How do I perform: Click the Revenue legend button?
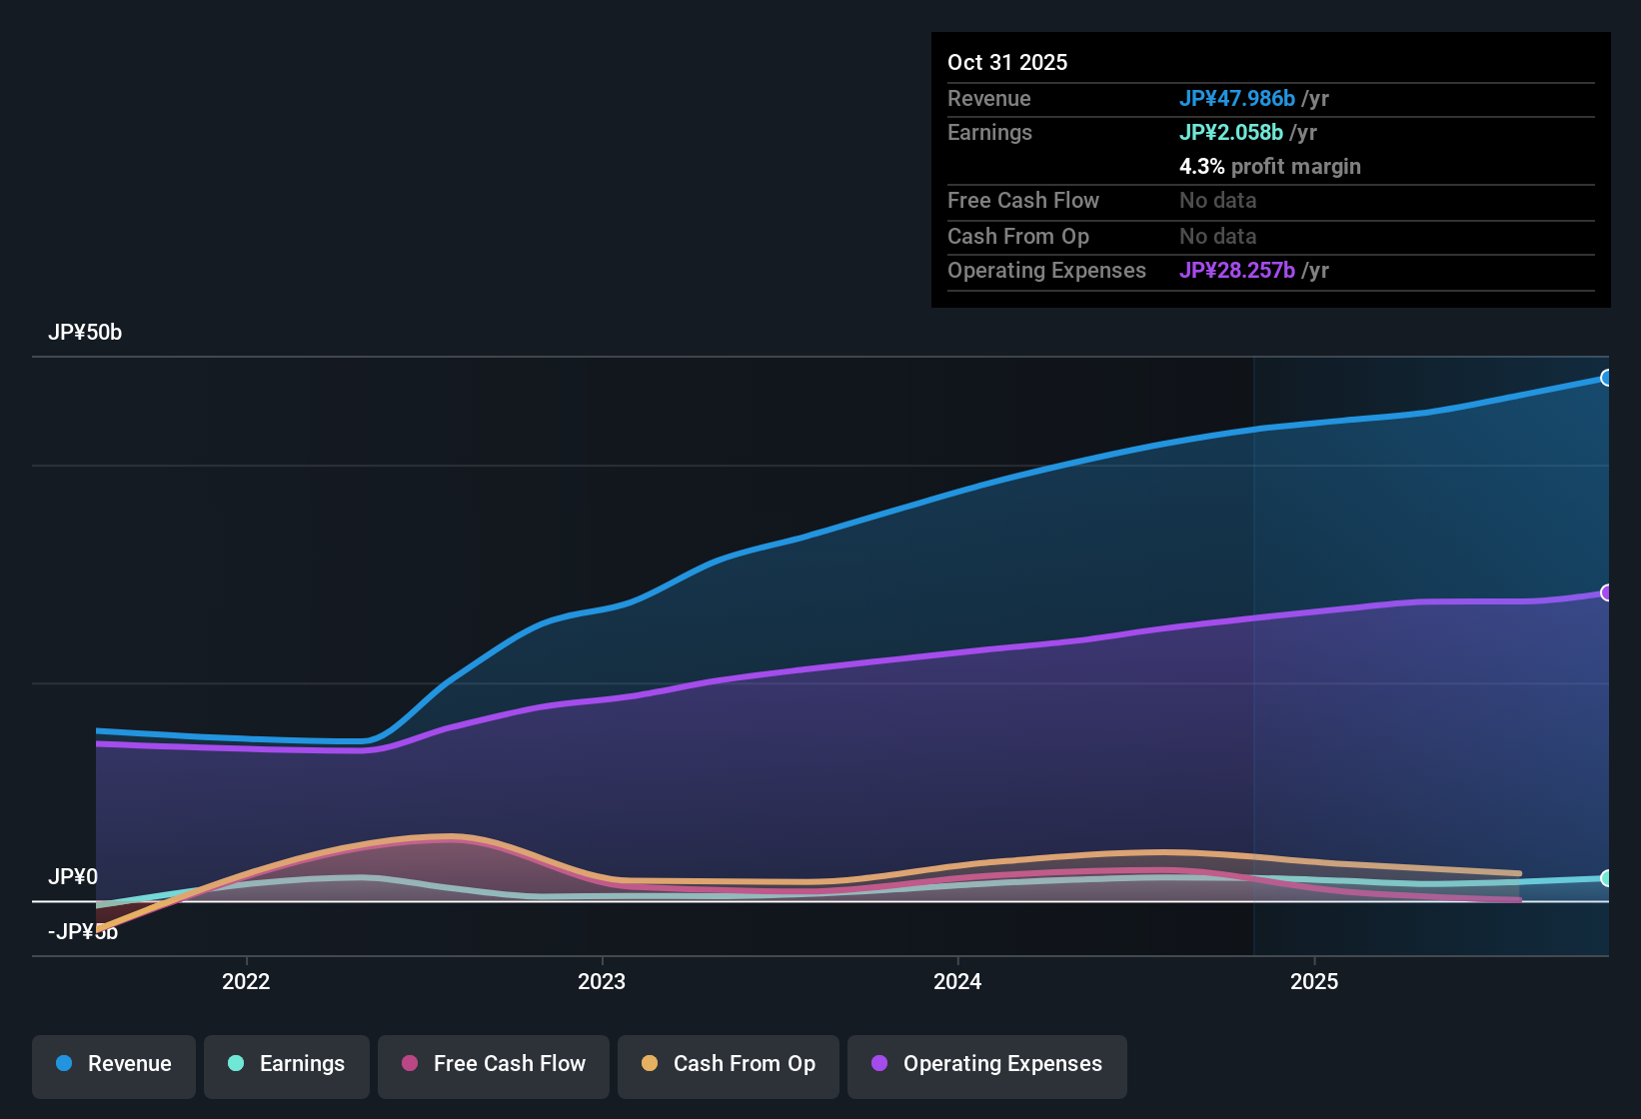[x=114, y=1064]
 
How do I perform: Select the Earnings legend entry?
[x=287, y=1064]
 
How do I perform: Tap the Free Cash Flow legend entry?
[x=494, y=1064]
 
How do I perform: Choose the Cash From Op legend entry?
[x=729, y=1064]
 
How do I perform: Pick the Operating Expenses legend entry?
[x=987, y=1064]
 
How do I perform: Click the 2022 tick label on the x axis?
[x=246, y=982]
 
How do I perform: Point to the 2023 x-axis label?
[x=602, y=982]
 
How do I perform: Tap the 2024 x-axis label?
[x=957, y=982]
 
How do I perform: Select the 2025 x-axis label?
[x=1314, y=982]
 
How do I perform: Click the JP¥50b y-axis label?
[x=85, y=333]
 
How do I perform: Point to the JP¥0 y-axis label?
[x=73, y=877]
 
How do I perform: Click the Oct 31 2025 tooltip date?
[x=1007, y=63]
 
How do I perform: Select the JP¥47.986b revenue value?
[x=1237, y=99]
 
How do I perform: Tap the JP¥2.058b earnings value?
[x=1231, y=133]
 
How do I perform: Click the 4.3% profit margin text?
[x=1270, y=167]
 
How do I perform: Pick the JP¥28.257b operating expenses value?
[x=1237, y=271]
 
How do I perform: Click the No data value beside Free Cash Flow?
[x=1218, y=201]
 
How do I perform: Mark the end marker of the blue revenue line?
[x=1606, y=378]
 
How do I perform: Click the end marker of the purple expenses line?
[x=1606, y=592]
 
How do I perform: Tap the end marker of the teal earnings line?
[x=1606, y=878]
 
